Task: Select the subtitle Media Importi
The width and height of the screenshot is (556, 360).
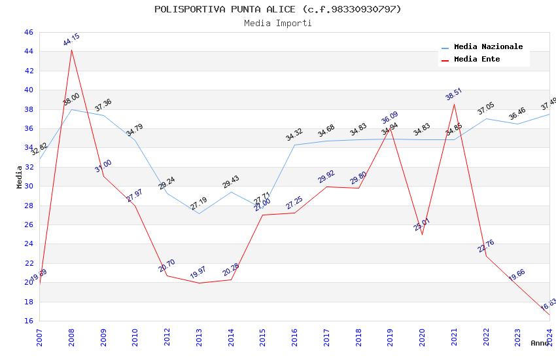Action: point(278,24)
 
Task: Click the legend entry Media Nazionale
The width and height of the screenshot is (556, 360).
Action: point(488,47)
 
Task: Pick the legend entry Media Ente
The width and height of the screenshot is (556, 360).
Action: point(477,60)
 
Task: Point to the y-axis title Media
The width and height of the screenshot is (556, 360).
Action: point(20,177)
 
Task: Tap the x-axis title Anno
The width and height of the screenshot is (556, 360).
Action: point(540,343)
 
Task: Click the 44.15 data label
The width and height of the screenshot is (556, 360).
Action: point(71,40)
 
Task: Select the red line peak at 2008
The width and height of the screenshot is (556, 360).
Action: point(71,50)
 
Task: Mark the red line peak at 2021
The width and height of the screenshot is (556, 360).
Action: point(454,104)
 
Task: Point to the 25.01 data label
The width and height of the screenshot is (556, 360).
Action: point(422,225)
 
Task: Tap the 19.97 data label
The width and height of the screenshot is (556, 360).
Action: point(198,272)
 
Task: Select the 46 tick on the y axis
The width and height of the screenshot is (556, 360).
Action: point(27,33)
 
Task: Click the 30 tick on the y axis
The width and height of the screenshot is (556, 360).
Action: point(27,187)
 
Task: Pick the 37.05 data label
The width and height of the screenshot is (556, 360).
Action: point(486,109)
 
